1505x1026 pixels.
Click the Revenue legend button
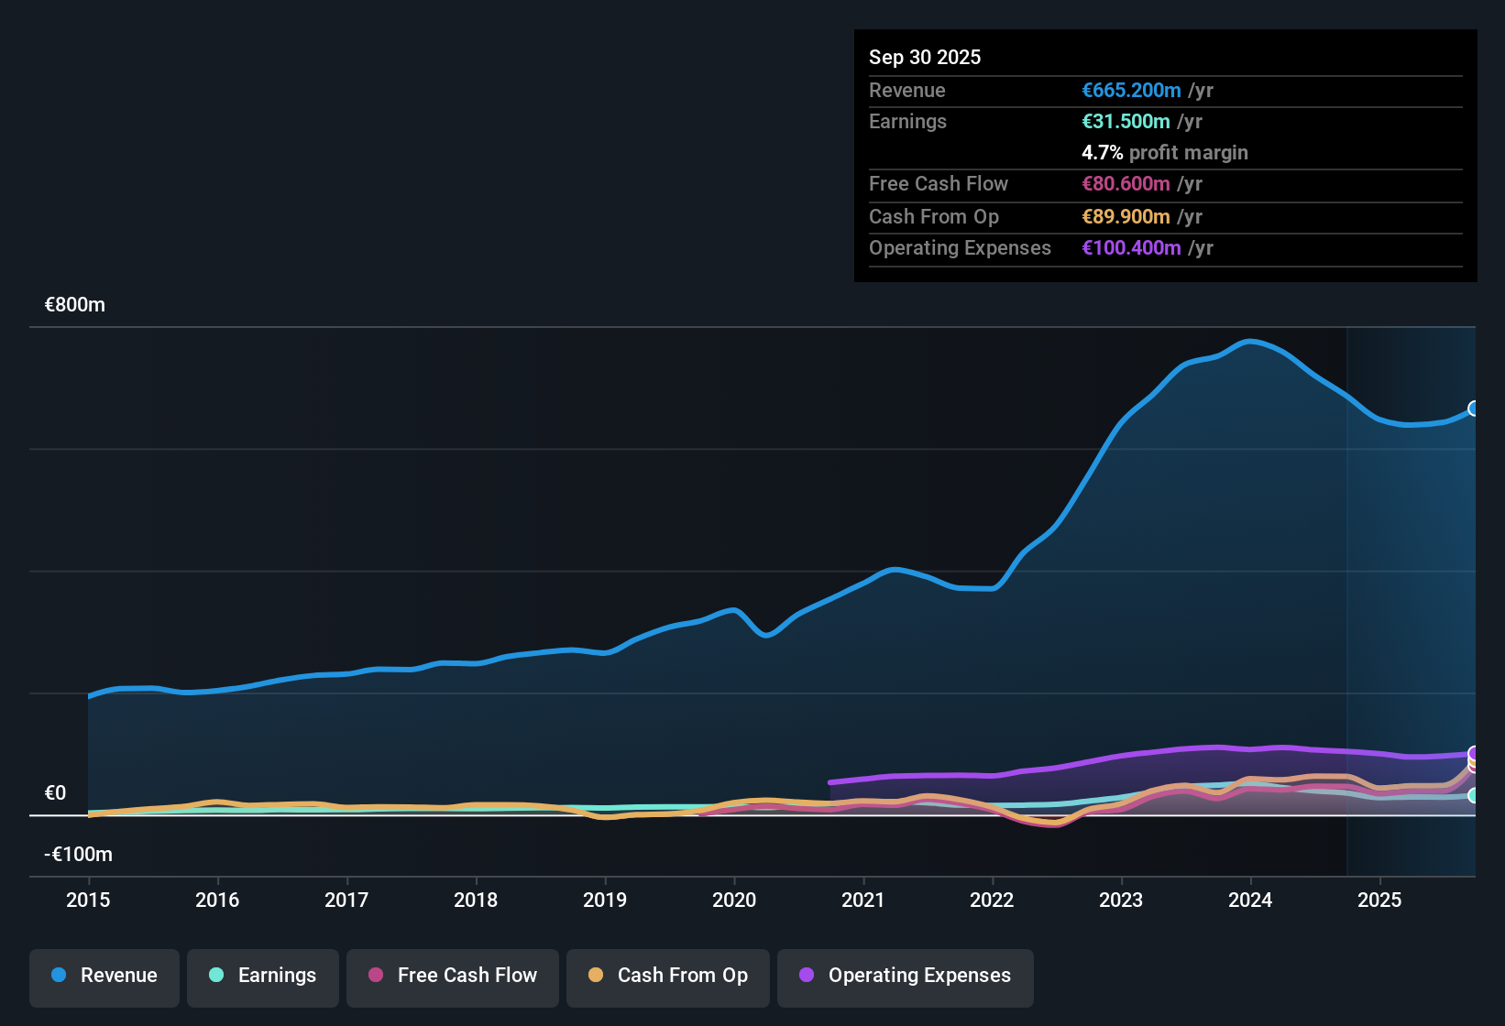coord(104,976)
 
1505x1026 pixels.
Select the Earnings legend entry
coord(263,976)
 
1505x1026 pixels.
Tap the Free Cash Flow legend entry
coord(453,976)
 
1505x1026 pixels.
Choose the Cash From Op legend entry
coord(668,976)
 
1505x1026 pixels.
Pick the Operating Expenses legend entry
coord(906,976)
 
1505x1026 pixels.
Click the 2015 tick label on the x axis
coord(88,900)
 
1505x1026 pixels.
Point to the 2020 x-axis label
coord(734,900)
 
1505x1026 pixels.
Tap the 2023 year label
coord(1121,900)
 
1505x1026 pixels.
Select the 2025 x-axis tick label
coord(1379,900)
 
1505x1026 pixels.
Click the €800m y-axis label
coord(75,305)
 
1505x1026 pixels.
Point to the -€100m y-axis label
coord(79,855)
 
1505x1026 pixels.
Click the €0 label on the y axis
coord(55,793)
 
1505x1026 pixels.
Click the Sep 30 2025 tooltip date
coord(925,57)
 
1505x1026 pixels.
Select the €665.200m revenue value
coord(1131,90)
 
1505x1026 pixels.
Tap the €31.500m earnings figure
coord(1126,121)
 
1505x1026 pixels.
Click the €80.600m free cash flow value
coord(1126,183)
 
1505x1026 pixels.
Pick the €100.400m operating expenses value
coord(1131,247)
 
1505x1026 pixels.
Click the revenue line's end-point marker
coord(1474,409)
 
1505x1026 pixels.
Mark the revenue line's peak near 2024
coord(1250,342)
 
